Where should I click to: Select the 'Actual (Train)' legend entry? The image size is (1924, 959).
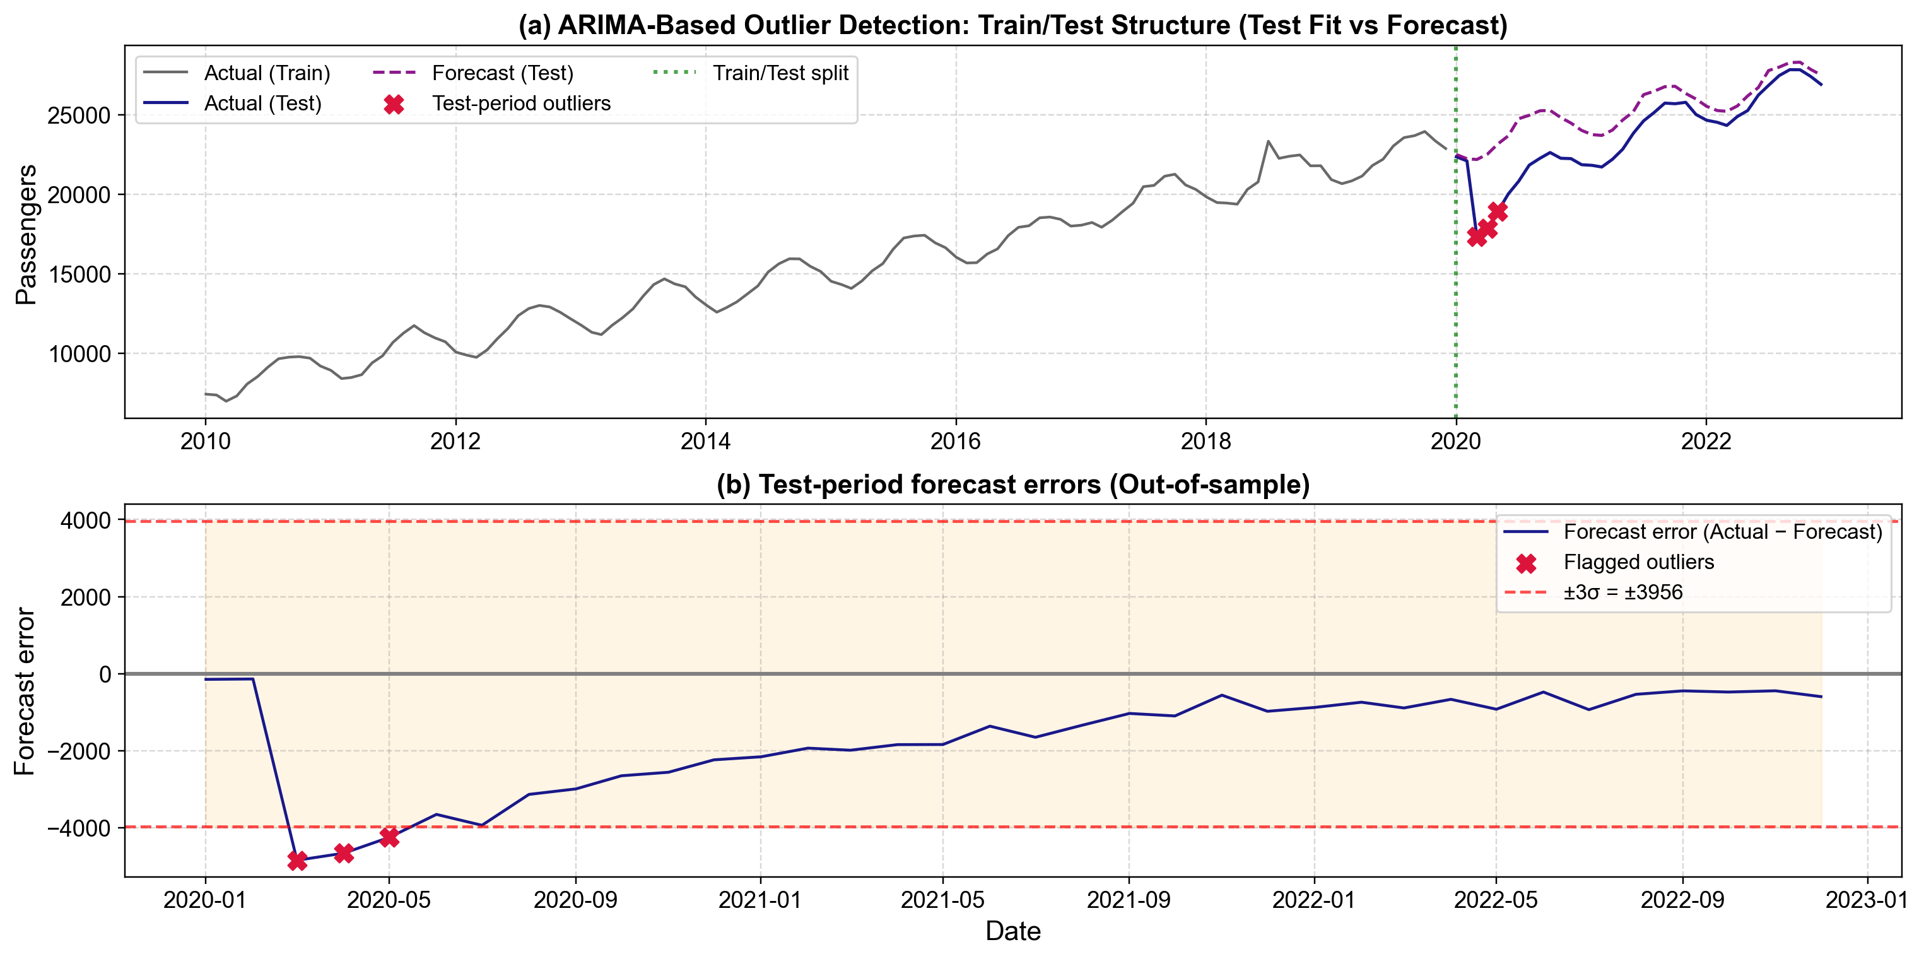coord(267,73)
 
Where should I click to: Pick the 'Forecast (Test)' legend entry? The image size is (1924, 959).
coord(502,73)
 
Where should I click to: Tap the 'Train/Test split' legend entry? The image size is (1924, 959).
coord(780,73)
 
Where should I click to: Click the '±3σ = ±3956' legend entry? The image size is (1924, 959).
coord(1622,592)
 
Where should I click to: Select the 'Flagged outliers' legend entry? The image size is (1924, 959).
coord(1638,562)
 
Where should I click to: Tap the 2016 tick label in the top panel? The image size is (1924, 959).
coord(955,442)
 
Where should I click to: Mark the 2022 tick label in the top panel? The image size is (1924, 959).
coord(1705,442)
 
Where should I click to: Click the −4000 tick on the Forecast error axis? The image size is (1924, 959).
coord(79,828)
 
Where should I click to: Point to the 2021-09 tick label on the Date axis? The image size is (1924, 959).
coord(1128,900)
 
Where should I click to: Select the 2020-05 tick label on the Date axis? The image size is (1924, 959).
coord(389,900)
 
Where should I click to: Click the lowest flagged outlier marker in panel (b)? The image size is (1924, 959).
coord(297,861)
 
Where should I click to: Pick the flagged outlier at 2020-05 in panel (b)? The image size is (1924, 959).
coord(389,837)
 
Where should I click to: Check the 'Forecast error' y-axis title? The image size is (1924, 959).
coord(25,691)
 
